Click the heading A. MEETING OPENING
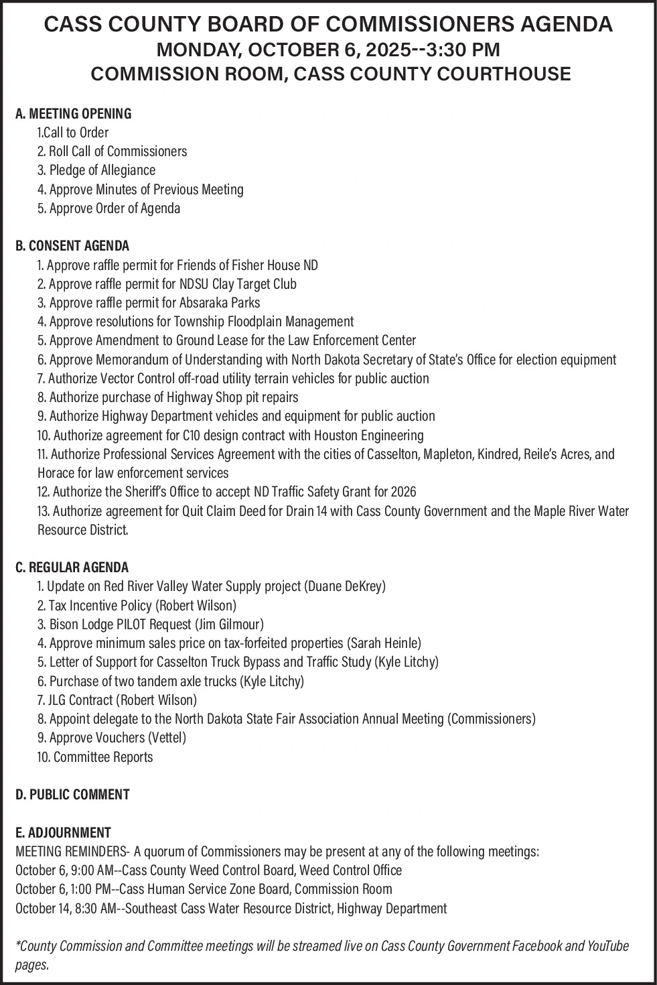(74, 113)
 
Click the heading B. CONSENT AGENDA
(72, 245)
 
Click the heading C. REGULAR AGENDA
(72, 568)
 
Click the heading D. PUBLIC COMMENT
(72, 795)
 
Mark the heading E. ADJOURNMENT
(63, 833)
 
